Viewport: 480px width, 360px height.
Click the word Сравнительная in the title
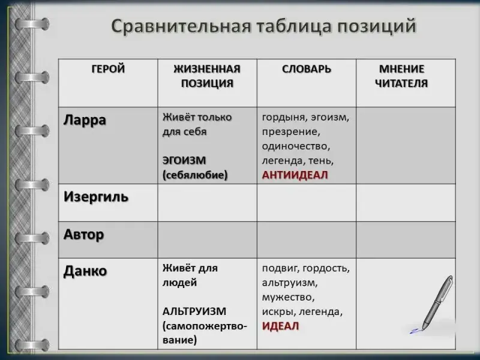[x=181, y=26]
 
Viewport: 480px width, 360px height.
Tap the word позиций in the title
[x=377, y=26]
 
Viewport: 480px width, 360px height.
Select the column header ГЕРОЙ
[x=108, y=68]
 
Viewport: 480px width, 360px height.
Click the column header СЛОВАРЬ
[x=307, y=69]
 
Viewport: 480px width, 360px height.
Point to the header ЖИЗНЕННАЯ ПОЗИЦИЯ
[x=207, y=76]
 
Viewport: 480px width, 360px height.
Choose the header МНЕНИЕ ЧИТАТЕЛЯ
[x=401, y=76]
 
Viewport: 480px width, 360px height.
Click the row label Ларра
[x=85, y=120]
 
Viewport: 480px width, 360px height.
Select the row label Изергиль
[x=96, y=197]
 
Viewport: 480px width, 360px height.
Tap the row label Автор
[x=83, y=235]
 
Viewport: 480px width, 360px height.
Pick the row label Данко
[x=85, y=271]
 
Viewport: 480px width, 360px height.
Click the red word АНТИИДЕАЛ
[x=295, y=175]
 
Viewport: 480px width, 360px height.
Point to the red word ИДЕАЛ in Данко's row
[x=280, y=326]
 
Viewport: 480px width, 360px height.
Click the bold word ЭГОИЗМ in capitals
[x=184, y=160]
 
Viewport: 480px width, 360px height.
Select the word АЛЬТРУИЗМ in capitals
[x=194, y=311]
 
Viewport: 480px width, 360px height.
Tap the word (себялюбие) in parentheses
[x=196, y=175]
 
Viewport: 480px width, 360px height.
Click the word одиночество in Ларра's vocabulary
[x=296, y=146]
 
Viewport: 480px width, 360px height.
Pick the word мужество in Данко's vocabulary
[x=289, y=297]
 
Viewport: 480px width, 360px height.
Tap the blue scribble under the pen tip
[x=415, y=331]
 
